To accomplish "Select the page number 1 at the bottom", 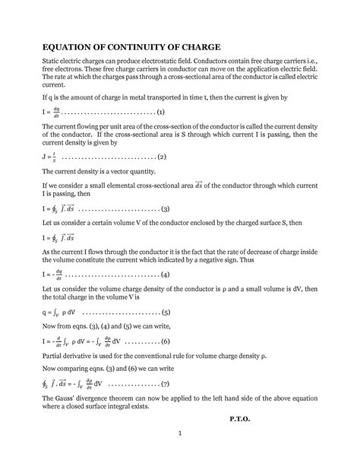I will (179, 455).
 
